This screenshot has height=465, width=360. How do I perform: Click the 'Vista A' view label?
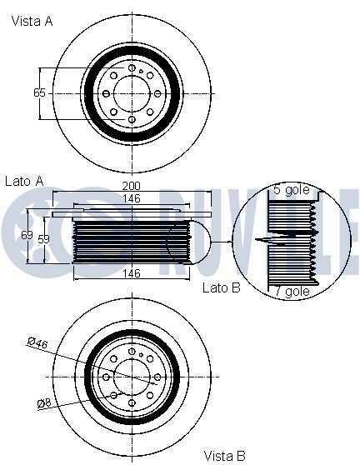(32, 22)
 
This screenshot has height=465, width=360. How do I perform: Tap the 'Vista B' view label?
(224, 456)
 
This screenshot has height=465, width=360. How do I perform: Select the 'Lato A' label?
(25, 181)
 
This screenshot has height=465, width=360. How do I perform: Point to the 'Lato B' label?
(221, 287)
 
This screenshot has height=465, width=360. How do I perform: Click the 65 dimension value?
(39, 92)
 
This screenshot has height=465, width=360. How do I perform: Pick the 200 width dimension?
(132, 186)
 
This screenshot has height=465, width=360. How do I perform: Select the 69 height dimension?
(27, 235)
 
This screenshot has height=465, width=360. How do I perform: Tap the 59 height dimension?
(43, 239)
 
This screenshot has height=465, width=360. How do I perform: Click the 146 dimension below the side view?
(132, 273)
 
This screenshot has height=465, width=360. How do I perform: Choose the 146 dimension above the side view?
(132, 198)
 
